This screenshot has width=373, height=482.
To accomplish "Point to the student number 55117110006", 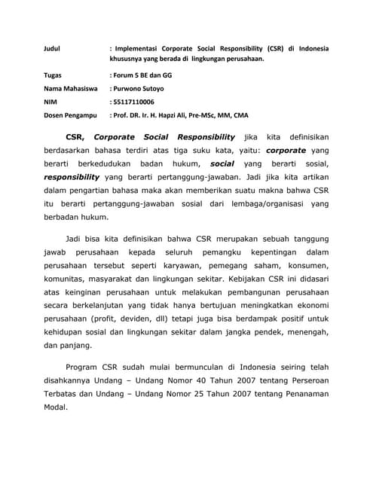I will [134, 102].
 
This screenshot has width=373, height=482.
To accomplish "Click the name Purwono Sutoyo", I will [139, 88].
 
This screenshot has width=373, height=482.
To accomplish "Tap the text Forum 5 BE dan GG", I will [144, 75].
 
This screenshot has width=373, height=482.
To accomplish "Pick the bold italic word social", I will [222, 163].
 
